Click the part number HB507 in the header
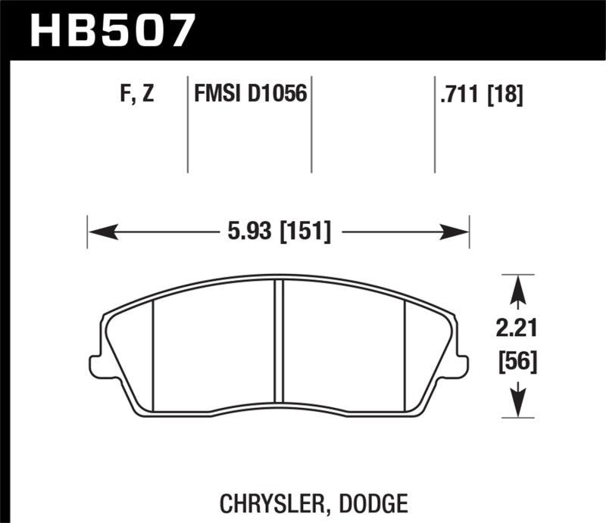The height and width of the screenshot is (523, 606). point(112,30)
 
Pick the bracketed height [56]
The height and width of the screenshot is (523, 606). point(517,363)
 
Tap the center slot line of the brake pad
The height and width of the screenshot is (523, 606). point(282,341)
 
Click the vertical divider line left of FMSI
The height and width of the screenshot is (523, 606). point(187,125)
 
